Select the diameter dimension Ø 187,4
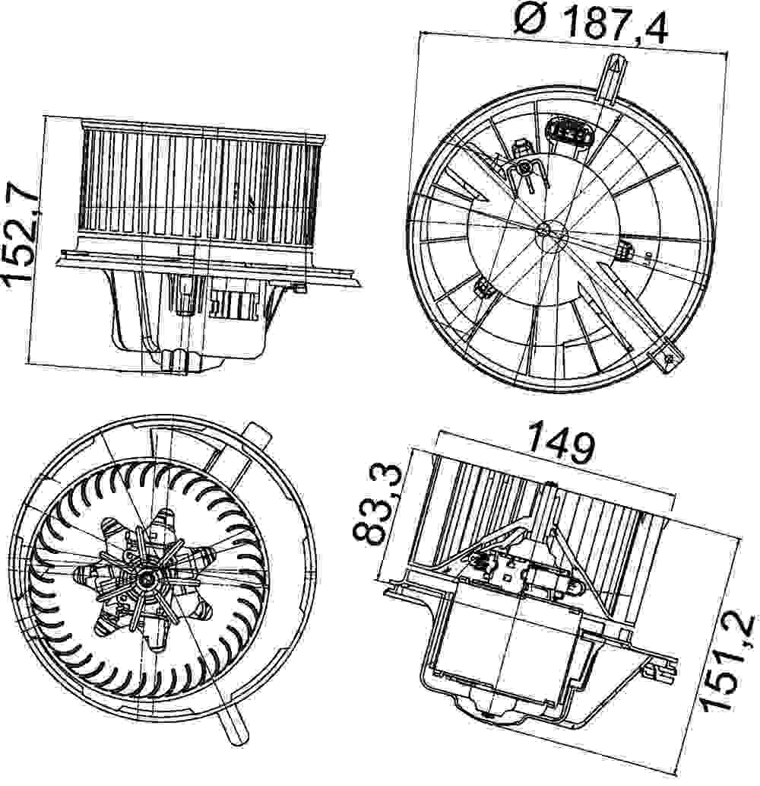pyautogui.click(x=591, y=22)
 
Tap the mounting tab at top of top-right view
pyautogui.click(x=612, y=78)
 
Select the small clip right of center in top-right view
pyautogui.click(x=627, y=251)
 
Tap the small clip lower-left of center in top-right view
pyautogui.click(x=483, y=288)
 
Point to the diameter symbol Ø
pyautogui.click(x=530, y=21)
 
